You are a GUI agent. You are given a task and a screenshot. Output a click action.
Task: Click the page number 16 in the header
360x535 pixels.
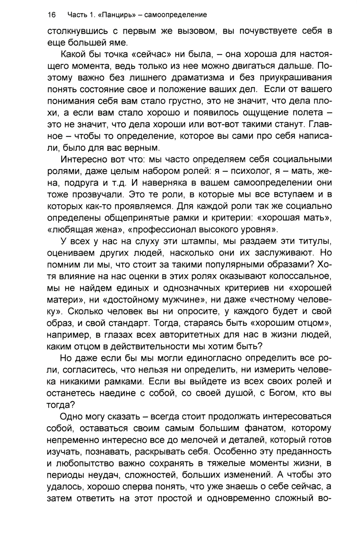click(51, 15)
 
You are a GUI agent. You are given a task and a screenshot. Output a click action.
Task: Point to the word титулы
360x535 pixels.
click(309, 241)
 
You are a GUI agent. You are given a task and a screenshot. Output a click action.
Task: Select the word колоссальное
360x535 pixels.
click(302, 276)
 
